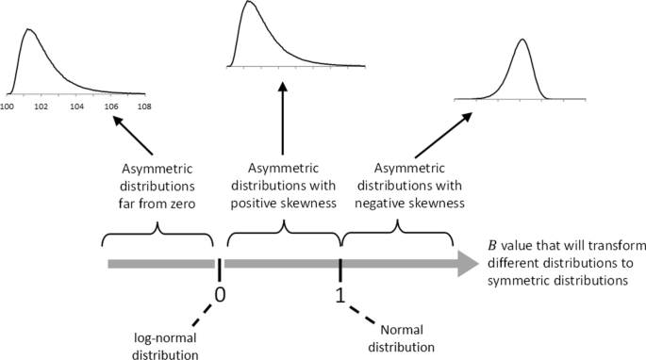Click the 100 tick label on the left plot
pos(7,106)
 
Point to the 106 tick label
pos(111,106)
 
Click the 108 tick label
pos(144,106)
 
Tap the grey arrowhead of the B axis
pos(465,264)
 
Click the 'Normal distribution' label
pos(408,336)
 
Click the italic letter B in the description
pos(491,243)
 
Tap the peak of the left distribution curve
pos(28,29)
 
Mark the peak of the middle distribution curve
pos(248,3)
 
